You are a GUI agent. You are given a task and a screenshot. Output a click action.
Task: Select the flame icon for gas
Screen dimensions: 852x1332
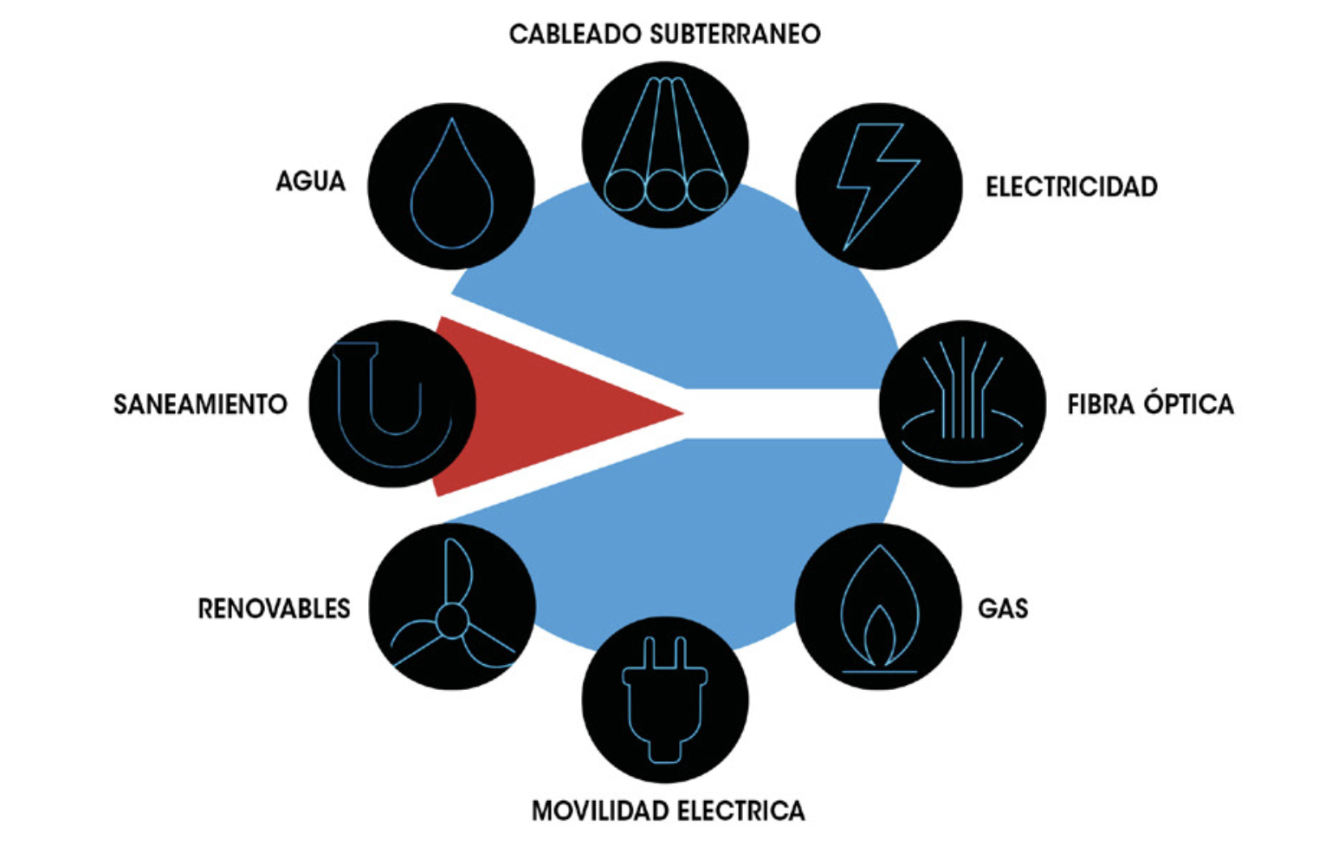coord(878,607)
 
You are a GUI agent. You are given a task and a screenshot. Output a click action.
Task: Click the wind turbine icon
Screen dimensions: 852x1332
coord(451,609)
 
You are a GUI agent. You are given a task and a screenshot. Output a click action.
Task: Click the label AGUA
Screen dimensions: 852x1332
coord(311,182)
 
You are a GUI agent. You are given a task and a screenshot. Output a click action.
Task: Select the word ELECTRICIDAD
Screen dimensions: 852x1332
coord(1071,187)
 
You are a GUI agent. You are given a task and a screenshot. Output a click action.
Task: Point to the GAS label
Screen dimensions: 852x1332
coord(1003,609)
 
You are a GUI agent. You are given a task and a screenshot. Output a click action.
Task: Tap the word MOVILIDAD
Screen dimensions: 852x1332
coord(600,811)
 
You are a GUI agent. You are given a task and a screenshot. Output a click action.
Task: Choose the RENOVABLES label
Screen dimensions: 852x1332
coord(274,609)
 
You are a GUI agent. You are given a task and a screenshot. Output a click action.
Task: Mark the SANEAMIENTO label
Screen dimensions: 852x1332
coord(200,404)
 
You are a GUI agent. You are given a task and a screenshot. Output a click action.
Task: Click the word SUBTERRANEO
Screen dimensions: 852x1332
coord(734,35)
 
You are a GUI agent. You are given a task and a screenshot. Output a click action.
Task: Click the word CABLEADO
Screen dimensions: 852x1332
coord(575,35)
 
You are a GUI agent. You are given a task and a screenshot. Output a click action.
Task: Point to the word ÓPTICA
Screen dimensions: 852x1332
coord(1189,403)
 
